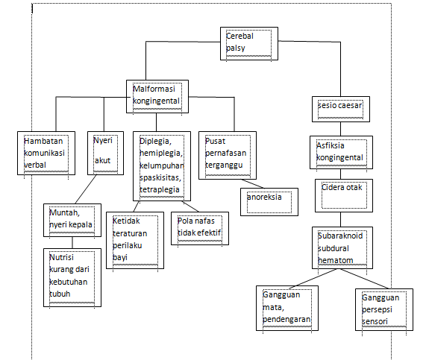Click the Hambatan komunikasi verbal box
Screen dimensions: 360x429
44,153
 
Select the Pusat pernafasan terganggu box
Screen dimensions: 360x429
228,153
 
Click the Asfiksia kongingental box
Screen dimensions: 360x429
340,151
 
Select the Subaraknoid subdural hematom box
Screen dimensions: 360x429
340,247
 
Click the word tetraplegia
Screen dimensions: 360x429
160,189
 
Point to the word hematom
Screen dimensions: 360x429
333,260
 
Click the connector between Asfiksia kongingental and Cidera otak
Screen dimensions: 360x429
341,173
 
